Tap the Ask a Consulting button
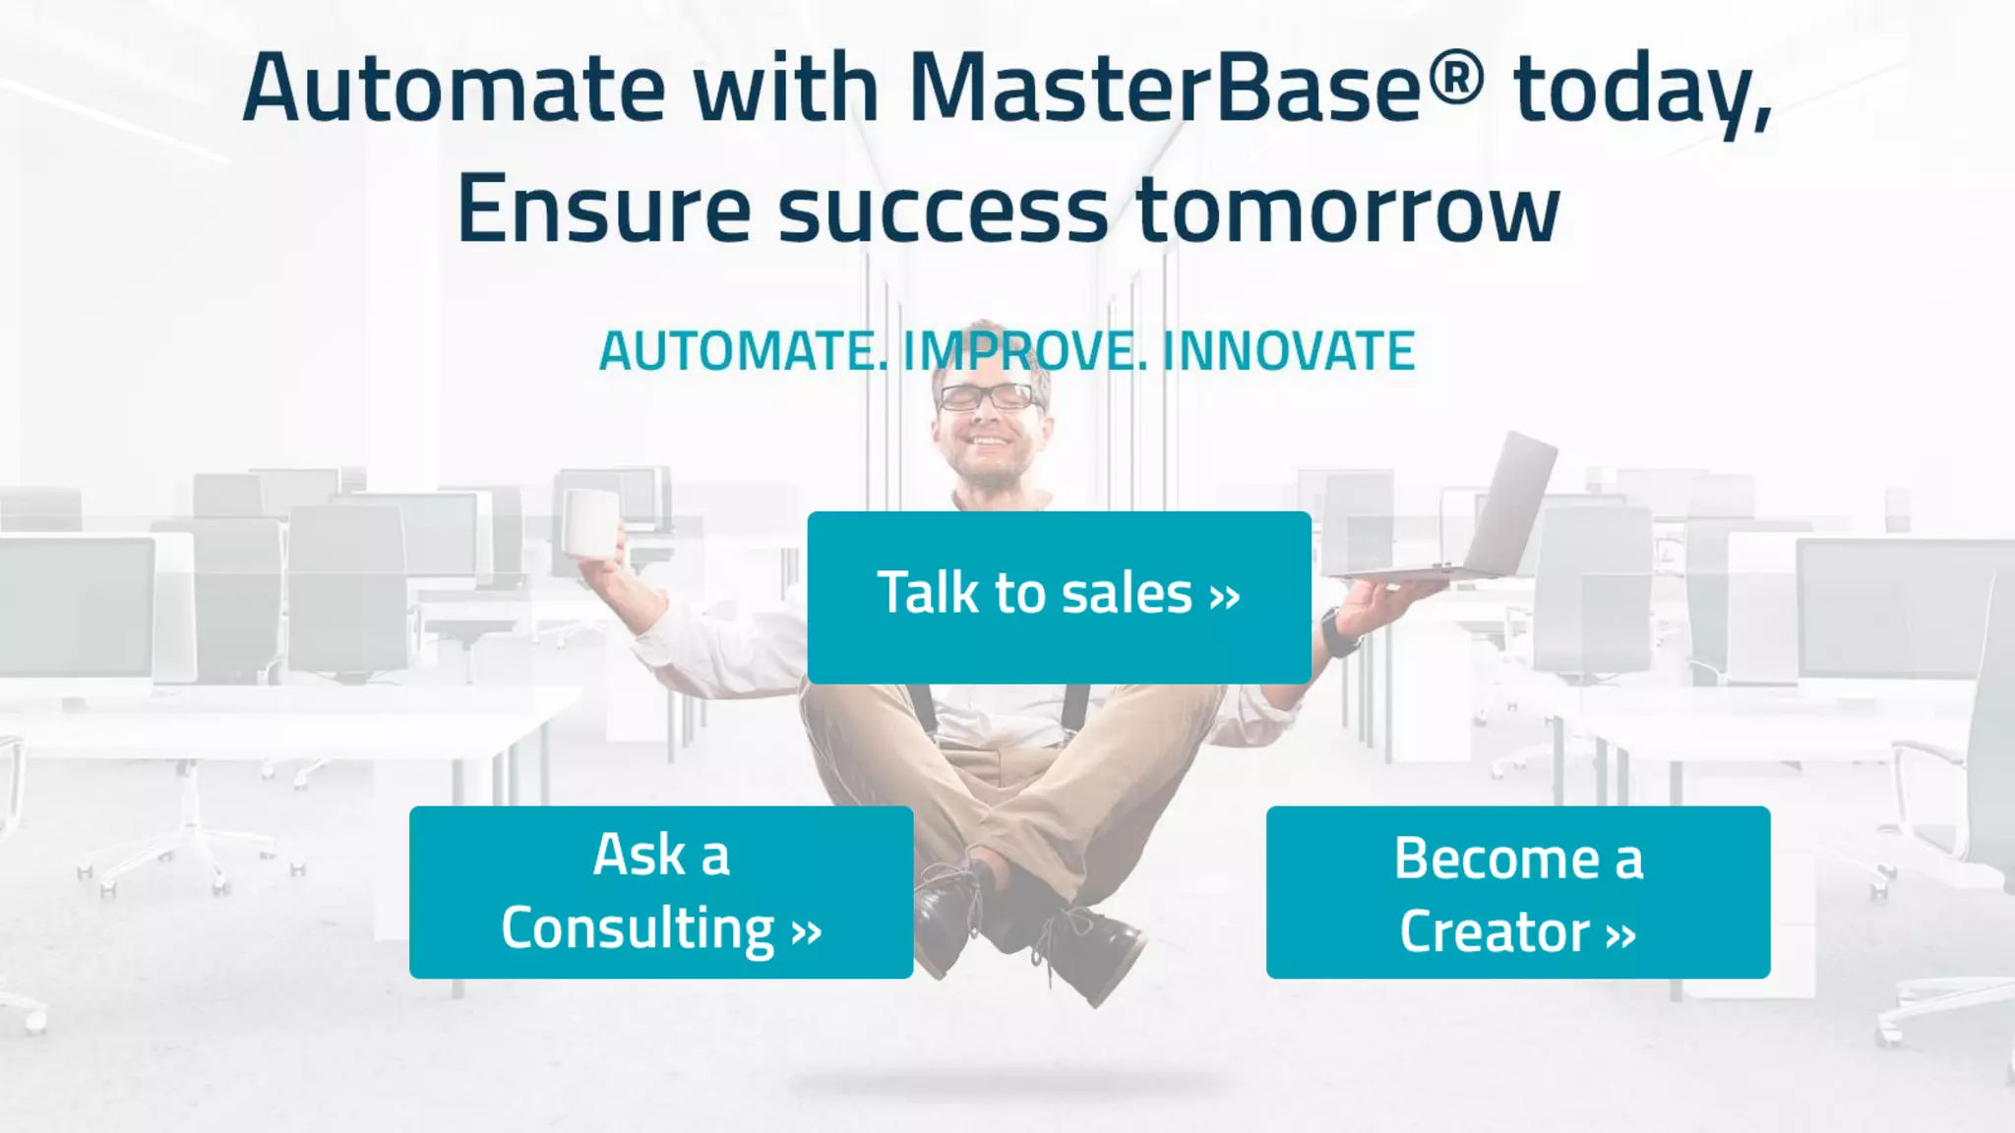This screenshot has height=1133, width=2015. (661, 892)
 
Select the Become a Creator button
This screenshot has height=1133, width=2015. (1517, 892)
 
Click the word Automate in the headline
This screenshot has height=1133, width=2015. (453, 89)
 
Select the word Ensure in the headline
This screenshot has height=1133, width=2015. (603, 209)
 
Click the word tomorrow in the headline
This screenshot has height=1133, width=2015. (1348, 209)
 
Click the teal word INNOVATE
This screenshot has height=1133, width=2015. (1288, 351)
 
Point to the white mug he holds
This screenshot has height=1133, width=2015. (592, 523)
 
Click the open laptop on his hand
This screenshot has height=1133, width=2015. (1496, 511)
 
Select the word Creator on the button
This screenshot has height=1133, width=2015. (1494, 931)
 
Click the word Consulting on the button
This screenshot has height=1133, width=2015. (638, 928)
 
